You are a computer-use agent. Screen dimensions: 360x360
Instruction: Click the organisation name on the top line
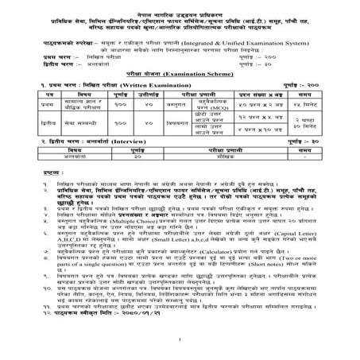[180, 6]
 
